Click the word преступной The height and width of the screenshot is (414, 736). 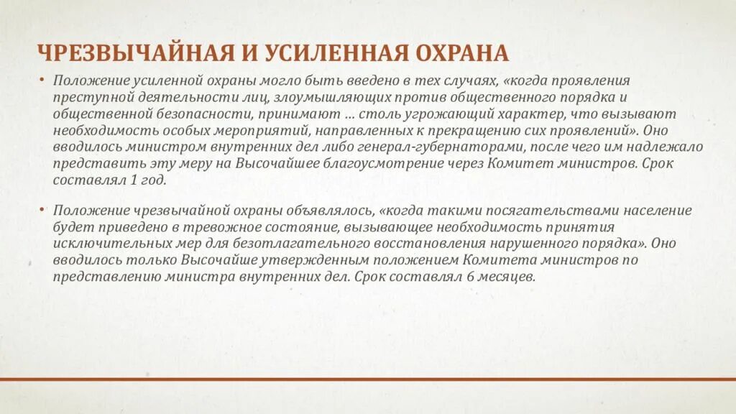pos(87,98)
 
